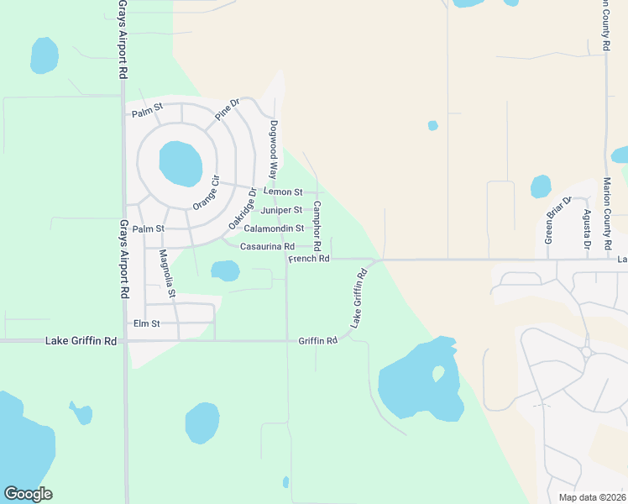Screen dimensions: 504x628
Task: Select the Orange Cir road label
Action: pyautogui.click(x=206, y=194)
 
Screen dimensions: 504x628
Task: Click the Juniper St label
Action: pyautogui.click(x=281, y=210)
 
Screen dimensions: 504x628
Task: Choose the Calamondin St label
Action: pyautogui.click(x=274, y=228)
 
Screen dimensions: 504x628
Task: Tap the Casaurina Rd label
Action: pyautogui.click(x=267, y=246)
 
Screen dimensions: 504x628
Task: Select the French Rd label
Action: pyautogui.click(x=308, y=260)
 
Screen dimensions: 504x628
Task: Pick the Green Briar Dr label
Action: pyautogui.click(x=557, y=220)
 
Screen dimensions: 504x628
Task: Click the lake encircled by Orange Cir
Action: pyautogui.click(x=181, y=163)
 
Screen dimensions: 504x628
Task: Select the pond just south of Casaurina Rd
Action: pyautogui.click(x=224, y=270)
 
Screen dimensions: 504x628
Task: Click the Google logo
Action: pyautogui.click(x=28, y=494)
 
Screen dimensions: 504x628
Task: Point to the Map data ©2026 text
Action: pyautogui.click(x=592, y=497)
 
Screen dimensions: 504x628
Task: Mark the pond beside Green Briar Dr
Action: pyautogui.click(x=541, y=186)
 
